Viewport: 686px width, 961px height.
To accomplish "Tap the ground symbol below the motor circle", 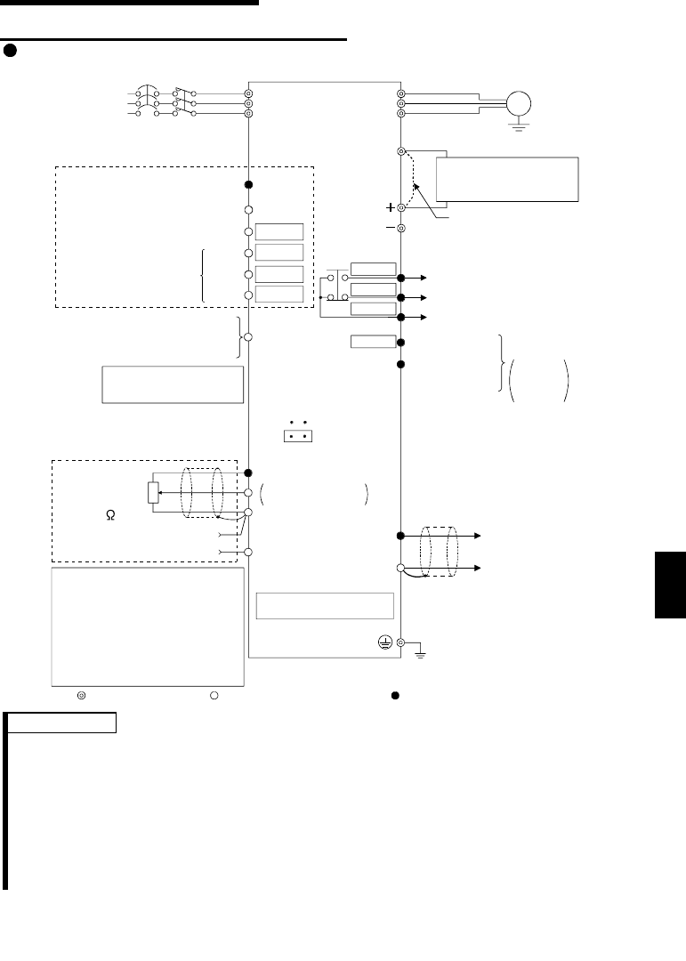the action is click(513, 126).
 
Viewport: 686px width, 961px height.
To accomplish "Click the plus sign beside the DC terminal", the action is click(390, 206).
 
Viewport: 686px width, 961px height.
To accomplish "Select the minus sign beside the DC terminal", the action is click(390, 228).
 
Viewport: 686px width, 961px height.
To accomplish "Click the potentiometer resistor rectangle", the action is click(153, 493).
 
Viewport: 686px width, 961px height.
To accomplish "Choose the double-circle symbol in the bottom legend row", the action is click(80, 694).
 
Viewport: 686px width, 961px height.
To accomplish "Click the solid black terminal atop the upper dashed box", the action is click(249, 185).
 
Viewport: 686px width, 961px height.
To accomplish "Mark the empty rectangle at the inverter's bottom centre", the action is click(324, 605).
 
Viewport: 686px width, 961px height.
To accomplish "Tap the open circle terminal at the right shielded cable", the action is click(401, 568).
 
